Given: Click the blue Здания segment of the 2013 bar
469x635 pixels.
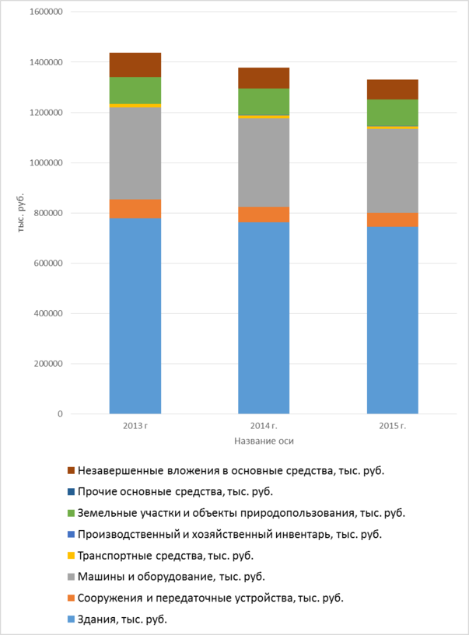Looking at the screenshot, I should (x=135, y=316).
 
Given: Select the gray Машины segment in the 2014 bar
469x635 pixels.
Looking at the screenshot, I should (x=264, y=162).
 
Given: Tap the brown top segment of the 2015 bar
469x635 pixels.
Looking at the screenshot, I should (x=392, y=89).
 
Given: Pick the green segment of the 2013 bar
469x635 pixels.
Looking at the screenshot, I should (x=135, y=90).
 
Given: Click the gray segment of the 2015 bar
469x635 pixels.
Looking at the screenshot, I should (x=392, y=170).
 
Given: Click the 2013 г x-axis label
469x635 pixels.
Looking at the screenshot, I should (x=135, y=427).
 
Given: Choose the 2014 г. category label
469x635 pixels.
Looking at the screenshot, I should (x=264, y=427).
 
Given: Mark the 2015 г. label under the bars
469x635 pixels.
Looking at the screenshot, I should (x=392, y=427).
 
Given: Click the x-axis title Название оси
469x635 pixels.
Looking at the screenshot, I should (x=264, y=441).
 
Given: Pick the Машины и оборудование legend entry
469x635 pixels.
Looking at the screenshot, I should (x=171, y=577).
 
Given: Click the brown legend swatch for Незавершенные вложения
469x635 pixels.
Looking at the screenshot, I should (x=72, y=471).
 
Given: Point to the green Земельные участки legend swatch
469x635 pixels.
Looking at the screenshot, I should (x=72, y=514).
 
